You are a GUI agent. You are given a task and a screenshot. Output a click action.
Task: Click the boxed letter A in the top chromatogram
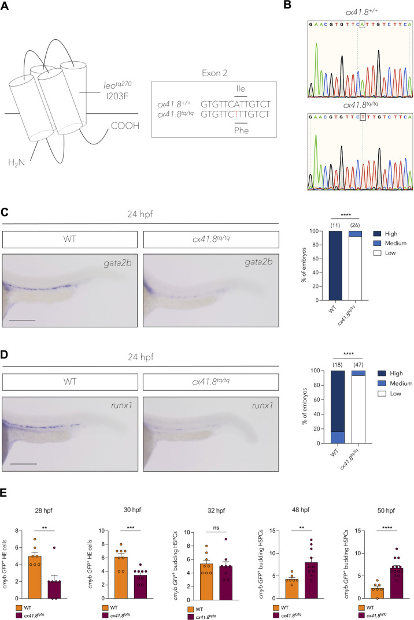(x=362, y=25)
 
